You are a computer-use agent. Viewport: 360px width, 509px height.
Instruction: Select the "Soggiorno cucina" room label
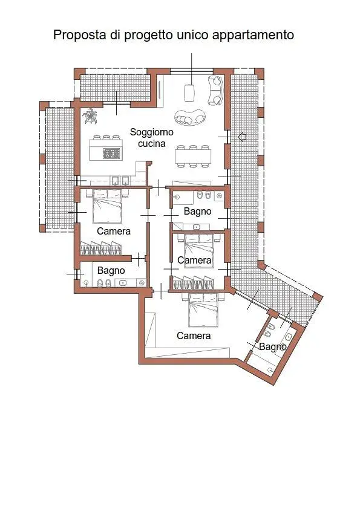pos(151,137)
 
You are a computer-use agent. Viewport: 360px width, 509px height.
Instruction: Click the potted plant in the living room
pos(91,116)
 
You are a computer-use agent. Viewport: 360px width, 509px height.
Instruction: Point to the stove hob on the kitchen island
pos(111,154)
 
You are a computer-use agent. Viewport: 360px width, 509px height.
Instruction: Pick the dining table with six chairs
pos(193,156)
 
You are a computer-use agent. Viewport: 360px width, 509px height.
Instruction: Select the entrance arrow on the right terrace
pos(242,137)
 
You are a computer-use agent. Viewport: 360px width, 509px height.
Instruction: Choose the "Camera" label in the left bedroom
pos(114,231)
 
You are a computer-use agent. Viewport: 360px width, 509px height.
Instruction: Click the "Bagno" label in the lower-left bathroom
pos(111,270)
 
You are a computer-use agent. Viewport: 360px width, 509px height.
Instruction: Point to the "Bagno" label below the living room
pos(197,211)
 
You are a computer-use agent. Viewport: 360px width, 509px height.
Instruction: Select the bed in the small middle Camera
pos(198,245)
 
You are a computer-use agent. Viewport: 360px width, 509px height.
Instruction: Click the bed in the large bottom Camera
pos(203,310)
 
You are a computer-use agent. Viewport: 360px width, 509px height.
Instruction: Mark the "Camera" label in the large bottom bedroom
pos(194,336)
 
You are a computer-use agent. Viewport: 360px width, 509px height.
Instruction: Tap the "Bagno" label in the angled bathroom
pos(273,346)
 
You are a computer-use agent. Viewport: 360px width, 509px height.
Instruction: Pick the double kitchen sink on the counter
pos(120,180)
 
